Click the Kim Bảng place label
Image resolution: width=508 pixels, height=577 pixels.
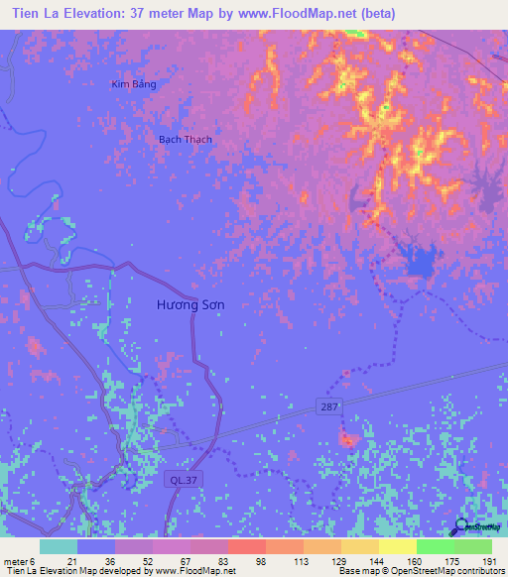(133, 84)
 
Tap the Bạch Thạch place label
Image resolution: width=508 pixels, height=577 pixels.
(186, 140)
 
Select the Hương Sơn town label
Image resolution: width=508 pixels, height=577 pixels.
(190, 305)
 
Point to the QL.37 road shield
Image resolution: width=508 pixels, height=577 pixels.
(178, 479)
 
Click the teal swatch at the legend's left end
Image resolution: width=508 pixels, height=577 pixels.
(58, 546)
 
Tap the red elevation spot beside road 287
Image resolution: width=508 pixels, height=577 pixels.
(348, 438)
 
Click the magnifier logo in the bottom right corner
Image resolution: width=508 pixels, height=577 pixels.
(462, 527)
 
